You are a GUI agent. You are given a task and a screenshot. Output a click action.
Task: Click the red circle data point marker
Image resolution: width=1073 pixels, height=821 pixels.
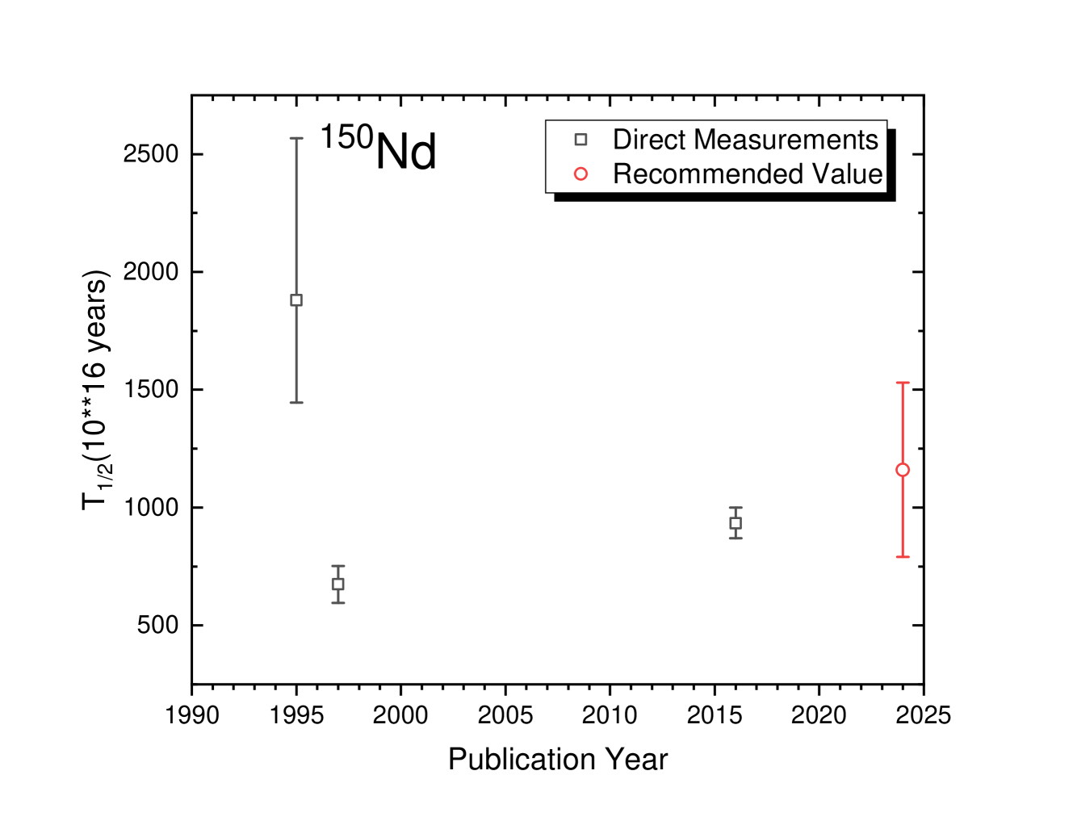(903, 470)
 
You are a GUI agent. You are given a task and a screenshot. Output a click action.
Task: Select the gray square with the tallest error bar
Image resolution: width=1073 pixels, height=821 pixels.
(297, 300)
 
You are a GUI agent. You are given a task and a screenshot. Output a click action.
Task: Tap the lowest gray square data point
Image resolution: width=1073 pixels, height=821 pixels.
(338, 584)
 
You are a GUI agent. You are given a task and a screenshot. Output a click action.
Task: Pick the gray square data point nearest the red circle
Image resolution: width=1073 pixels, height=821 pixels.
(736, 523)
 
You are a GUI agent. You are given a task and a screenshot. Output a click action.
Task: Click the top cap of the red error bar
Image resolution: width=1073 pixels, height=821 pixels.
(903, 383)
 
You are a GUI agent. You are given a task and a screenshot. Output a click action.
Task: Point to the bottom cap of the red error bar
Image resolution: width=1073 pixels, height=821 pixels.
(903, 557)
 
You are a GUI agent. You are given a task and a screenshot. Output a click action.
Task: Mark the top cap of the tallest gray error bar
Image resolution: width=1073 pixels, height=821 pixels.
(297, 138)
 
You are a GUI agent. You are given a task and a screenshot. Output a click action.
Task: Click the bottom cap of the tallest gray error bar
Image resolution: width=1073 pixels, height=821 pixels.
(297, 402)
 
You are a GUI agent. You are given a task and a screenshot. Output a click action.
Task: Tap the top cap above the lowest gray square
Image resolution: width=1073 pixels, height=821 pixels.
(338, 566)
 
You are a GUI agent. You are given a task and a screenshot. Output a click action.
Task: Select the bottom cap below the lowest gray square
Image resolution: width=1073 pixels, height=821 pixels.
(338, 603)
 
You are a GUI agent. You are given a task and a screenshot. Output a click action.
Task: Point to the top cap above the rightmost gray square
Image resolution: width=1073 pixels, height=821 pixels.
(736, 508)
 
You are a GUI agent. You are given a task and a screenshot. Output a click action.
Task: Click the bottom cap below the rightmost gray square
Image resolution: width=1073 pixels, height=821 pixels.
(736, 538)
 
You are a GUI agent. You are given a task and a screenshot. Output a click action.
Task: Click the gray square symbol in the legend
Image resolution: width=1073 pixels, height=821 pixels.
(581, 140)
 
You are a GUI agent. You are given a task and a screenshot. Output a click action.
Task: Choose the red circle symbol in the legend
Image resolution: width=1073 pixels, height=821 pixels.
(581, 174)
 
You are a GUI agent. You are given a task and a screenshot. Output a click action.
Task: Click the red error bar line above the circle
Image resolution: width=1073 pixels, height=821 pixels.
(903, 424)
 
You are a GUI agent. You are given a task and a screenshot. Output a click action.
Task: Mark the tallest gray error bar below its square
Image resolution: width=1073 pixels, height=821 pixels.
(297, 355)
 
